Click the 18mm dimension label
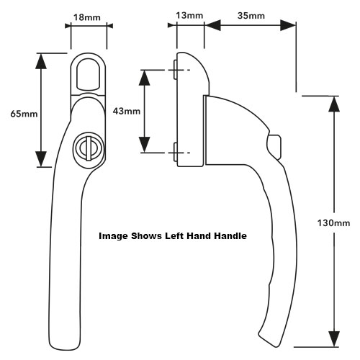tap(87, 17)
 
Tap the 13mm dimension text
tap(189, 16)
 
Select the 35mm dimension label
tap(251, 16)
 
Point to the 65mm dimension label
tap(24, 114)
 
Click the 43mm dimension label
tap(127, 111)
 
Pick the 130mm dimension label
tap(333, 223)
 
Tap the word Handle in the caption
tap(230, 236)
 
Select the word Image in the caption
tap(113, 236)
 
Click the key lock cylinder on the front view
tap(89, 147)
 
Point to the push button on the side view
tap(274, 147)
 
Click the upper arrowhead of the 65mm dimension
tap(41, 61)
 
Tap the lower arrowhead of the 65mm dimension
tap(41, 159)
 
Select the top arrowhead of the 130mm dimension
tap(334, 104)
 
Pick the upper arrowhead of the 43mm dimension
tap(145, 78)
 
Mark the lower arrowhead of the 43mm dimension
tap(145, 145)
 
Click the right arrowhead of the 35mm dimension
tap(288, 25)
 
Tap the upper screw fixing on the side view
tap(175, 70)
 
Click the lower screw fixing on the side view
tap(175, 153)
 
